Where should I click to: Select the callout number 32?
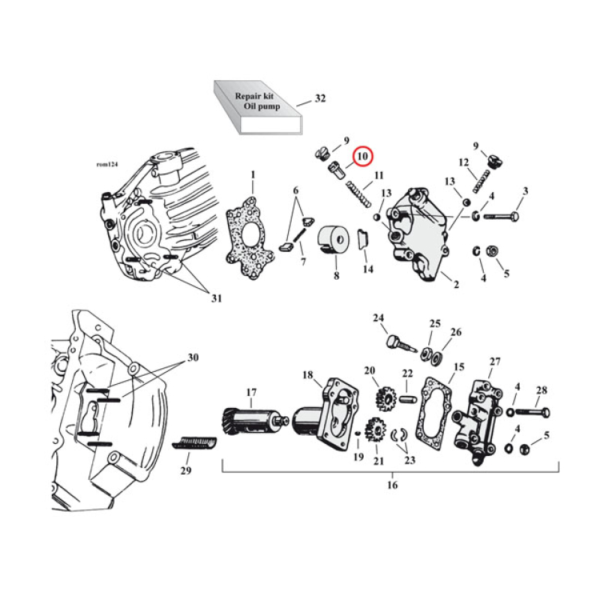pyautogui.click(x=320, y=99)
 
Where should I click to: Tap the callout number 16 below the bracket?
pyautogui.click(x=391, y=485)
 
